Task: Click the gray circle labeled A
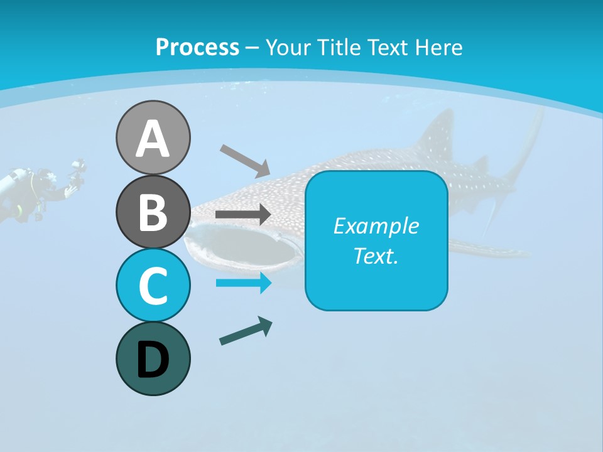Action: (x=153, y=137)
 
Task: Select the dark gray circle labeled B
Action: (x=153, y=212)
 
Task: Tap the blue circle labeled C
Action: (x=153, y=285)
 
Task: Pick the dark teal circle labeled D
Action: (x=153, y=358)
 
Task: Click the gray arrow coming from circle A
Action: (x=245, y=160)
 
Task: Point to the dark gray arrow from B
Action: (x=243, y=215)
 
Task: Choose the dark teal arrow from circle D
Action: (x=246, y=331)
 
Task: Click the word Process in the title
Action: (x=197, y=48)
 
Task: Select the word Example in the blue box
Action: (x=376, y=226)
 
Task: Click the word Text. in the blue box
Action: (x=376, y=256)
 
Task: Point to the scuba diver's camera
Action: (x=78, y=169)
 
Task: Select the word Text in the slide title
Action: (x=388, y=48)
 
